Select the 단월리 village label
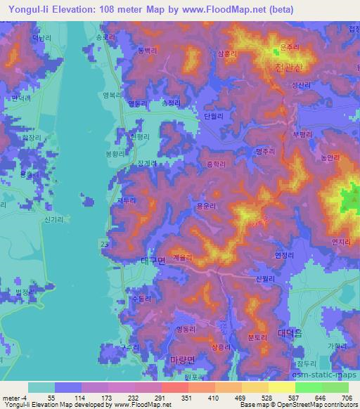(212, 116)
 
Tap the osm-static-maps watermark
(325, 381)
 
